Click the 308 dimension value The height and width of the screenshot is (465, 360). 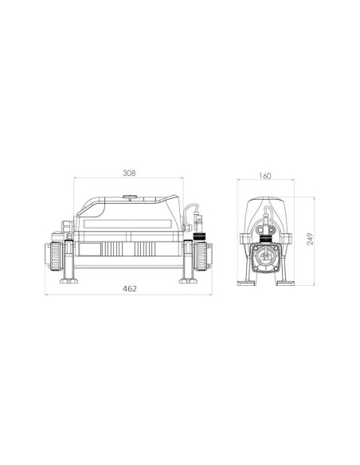pos(129,173)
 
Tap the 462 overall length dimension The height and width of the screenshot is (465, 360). pos(130,289)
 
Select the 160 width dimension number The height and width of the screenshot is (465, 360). pos(264,176)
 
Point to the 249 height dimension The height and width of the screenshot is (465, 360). pos(310,239)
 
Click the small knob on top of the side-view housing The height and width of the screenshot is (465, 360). pos(130,197)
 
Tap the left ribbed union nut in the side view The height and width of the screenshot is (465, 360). pos(56,256)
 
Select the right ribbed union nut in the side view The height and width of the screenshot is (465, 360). pos(201,256)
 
